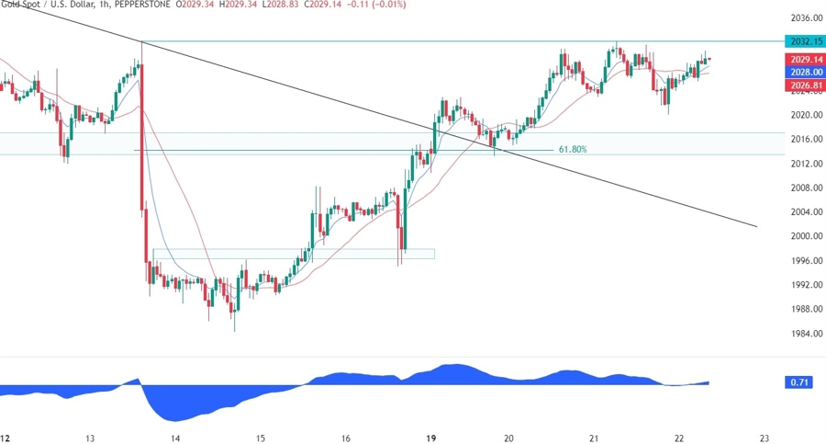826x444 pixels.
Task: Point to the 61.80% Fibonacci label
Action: (x=573, y=149)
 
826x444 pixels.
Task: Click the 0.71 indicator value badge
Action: (x=798, y=381)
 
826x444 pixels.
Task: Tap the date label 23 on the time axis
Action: (x=764, y=438)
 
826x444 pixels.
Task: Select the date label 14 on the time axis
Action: (x=175, y=438)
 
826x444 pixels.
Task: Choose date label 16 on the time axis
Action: (x=345, y=438)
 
